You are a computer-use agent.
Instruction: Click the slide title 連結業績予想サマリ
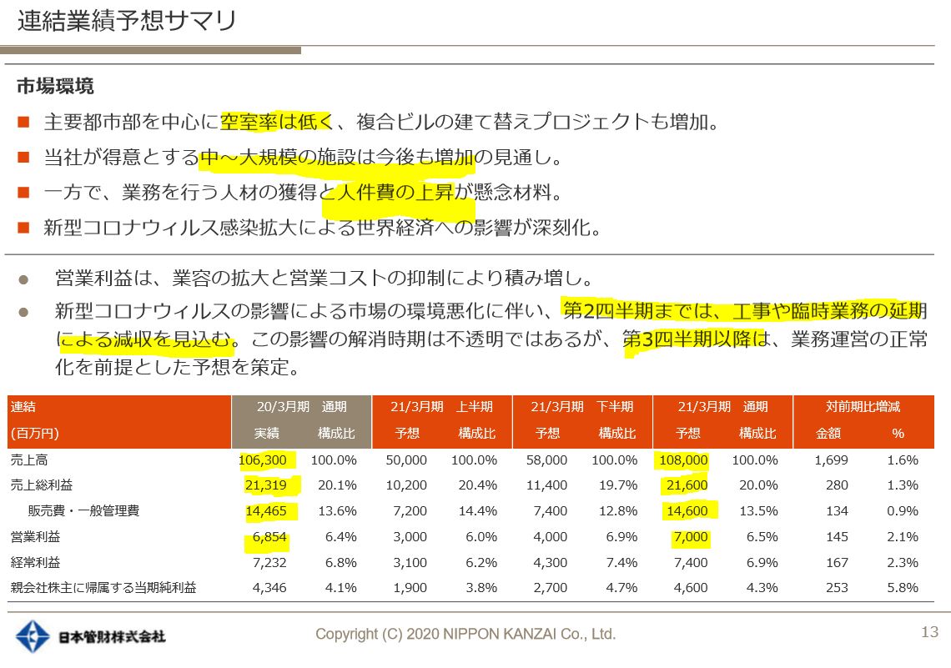point(127,21)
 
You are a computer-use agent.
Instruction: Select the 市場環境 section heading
point(55,87)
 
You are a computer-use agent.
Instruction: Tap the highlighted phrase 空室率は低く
point(276,123)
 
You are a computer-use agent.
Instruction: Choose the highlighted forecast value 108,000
point(682,460)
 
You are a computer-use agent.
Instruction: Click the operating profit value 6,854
point(269,537)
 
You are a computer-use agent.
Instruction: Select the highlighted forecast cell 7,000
point(689,537)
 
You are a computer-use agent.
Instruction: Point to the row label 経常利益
point(36,563)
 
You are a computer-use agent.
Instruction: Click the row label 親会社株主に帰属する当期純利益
point(103,588)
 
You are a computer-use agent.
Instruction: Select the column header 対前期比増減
point(863,407)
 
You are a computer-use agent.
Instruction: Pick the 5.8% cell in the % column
point(903,588)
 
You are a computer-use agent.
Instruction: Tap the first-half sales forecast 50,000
point(409,460)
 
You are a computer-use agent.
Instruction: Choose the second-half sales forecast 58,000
point(549,460)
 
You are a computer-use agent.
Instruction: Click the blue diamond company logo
point(34,636)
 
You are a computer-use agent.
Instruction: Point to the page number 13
point(929,632)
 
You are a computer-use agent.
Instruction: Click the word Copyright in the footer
point(345,635)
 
